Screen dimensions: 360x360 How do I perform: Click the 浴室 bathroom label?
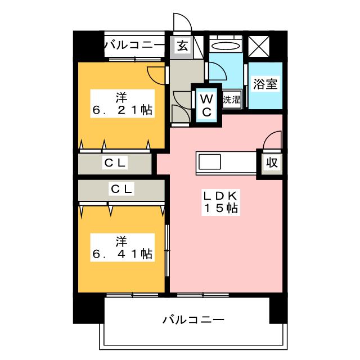pyautogui.click(x=264, y=85)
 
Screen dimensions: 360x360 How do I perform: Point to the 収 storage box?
pyautogui.click(x=272, y=163)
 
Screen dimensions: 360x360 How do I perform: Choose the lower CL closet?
pyautogui.click(x=121, y=190)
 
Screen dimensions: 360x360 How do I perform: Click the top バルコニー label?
pyautogui.click(x=134, y=44)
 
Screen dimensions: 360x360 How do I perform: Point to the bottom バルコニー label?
pyautogui.click(x=193, y=320)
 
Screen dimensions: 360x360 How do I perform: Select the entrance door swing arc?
pyautogui.click(x=181, y=22)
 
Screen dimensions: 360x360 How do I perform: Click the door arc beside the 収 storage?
pyautogui.click(x=273, y=139)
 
